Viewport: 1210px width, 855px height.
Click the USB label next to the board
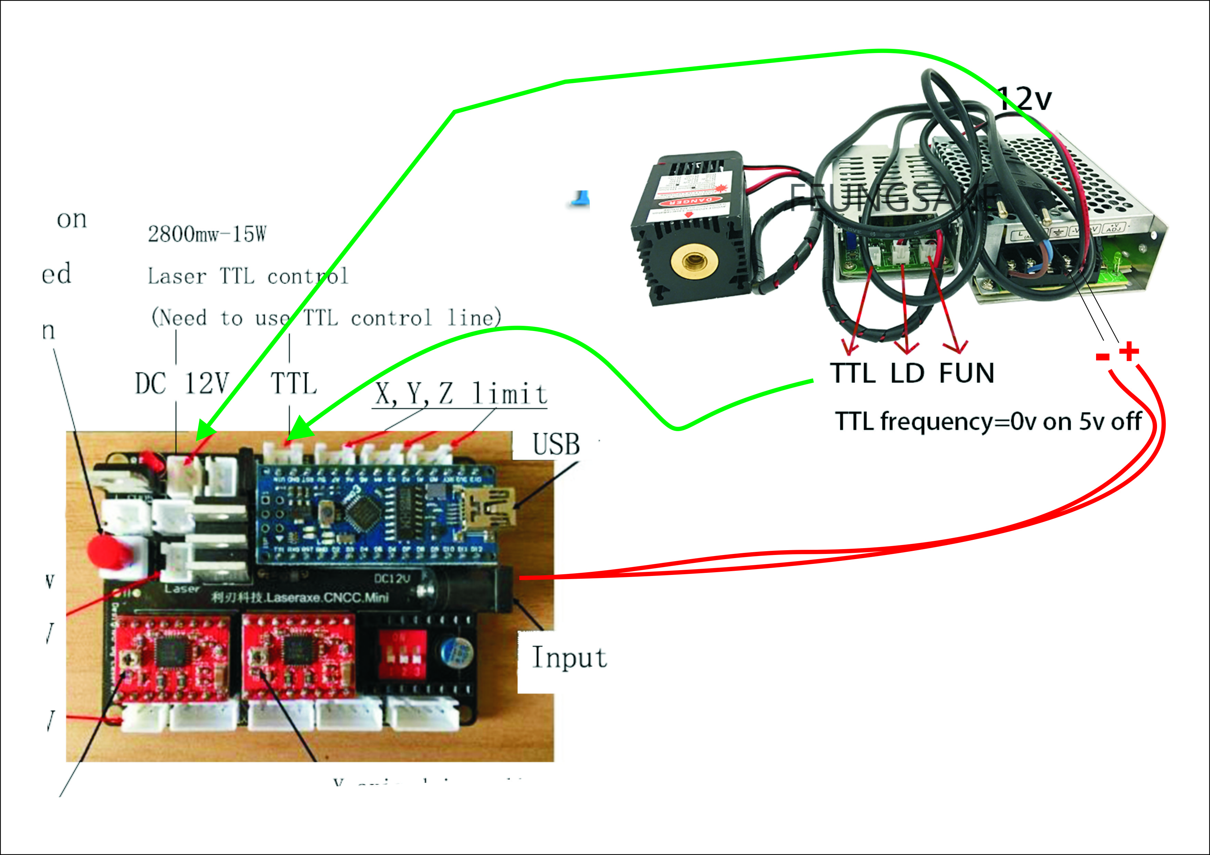tap(556, 444)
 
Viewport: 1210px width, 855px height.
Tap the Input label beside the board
tap(569, 658)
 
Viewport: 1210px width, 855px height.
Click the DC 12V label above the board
tap(182, 384)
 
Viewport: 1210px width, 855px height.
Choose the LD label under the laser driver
tap(907, 373)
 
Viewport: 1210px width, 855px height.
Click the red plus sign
tap(1129, 351)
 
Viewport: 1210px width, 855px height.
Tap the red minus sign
tap(1102, 357)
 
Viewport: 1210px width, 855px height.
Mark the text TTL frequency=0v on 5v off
tap(988, 421)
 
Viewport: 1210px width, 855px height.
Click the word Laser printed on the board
tap(182, 588)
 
